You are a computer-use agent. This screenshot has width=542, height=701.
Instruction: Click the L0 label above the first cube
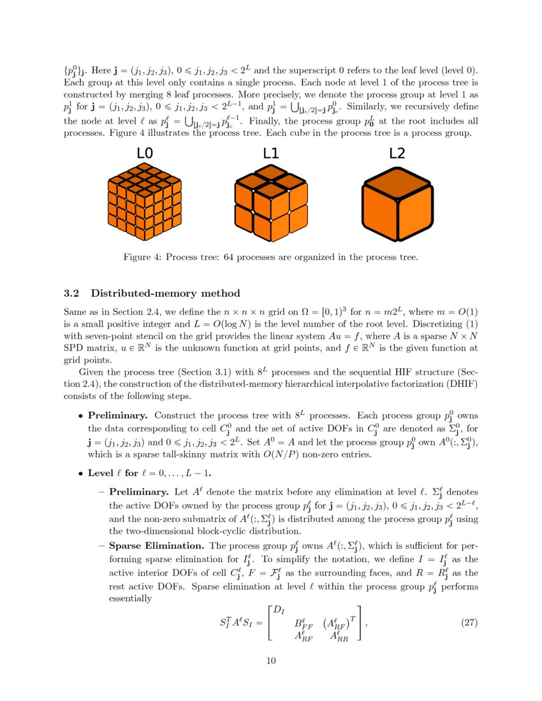[145, 154]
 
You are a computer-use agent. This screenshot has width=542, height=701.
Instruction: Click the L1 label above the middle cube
[271, 154]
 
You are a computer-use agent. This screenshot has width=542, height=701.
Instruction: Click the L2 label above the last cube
[397, 154]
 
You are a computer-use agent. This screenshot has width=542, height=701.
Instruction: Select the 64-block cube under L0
[145, 205]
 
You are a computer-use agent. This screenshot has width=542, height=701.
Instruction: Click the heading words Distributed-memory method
[166, 293]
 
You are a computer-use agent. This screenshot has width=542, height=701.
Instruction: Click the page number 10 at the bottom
[271, 660]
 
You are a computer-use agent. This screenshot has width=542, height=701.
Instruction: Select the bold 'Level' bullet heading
[102, 473]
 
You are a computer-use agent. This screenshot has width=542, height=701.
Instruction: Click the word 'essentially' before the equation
[131, 598]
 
